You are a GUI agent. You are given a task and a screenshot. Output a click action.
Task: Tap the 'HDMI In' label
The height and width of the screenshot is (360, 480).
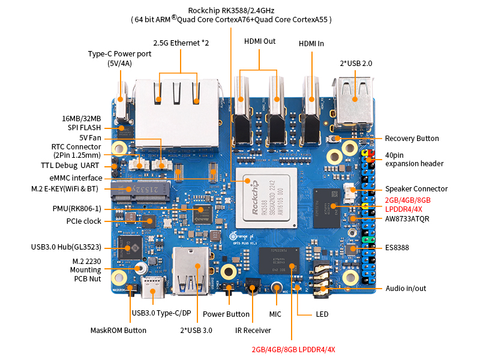coord(312,44)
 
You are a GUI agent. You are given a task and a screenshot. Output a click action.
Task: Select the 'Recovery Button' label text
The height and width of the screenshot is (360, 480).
coord(412,139)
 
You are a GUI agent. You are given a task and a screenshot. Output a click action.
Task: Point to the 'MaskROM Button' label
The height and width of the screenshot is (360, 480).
coord(118,330)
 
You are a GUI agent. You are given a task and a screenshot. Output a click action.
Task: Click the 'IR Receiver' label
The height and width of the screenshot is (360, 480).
coord(253,330)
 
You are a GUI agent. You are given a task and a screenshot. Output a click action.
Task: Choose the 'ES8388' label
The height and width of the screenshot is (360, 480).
coord(397,247)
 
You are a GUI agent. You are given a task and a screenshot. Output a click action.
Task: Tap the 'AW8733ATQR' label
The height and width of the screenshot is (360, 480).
coord(408,219)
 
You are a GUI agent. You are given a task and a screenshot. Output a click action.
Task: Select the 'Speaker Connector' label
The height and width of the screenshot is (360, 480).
coord(416,189)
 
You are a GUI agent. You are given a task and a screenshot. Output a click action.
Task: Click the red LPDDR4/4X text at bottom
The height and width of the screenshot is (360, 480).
coord(293,349)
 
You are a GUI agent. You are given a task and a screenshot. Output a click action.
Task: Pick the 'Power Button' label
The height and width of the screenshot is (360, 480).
coord(226,314)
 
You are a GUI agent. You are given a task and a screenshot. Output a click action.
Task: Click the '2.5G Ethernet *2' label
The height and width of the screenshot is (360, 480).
coord(181,43)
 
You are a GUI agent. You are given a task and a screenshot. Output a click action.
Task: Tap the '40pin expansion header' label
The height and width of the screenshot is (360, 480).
coord(414,159)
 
